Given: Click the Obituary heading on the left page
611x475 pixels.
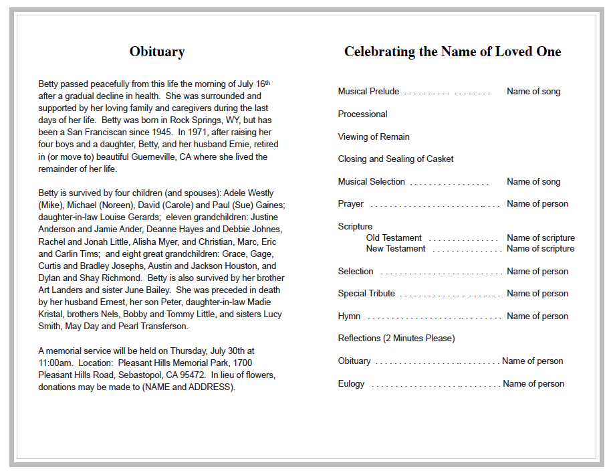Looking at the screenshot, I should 157,52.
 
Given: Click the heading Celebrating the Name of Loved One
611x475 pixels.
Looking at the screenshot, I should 453,52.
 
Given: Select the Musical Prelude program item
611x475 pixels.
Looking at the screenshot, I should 368,92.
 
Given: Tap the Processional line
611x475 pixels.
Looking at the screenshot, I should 362,114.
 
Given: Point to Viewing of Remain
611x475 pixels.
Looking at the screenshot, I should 374,136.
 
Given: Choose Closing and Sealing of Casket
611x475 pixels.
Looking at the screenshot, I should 396,159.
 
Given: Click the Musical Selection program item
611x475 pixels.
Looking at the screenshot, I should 372,181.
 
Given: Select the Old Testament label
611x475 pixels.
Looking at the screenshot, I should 394,237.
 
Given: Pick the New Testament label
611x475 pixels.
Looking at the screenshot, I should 396,249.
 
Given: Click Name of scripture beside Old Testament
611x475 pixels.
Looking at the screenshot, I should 540,237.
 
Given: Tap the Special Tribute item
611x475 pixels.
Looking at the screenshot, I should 366,294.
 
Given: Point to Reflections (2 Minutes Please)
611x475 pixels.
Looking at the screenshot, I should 396,339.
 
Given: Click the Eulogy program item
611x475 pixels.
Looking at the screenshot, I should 351,384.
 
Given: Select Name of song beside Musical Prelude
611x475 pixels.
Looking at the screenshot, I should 533,92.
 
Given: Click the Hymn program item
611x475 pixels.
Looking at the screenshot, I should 349,316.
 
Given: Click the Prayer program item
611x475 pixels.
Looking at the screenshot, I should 351,204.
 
